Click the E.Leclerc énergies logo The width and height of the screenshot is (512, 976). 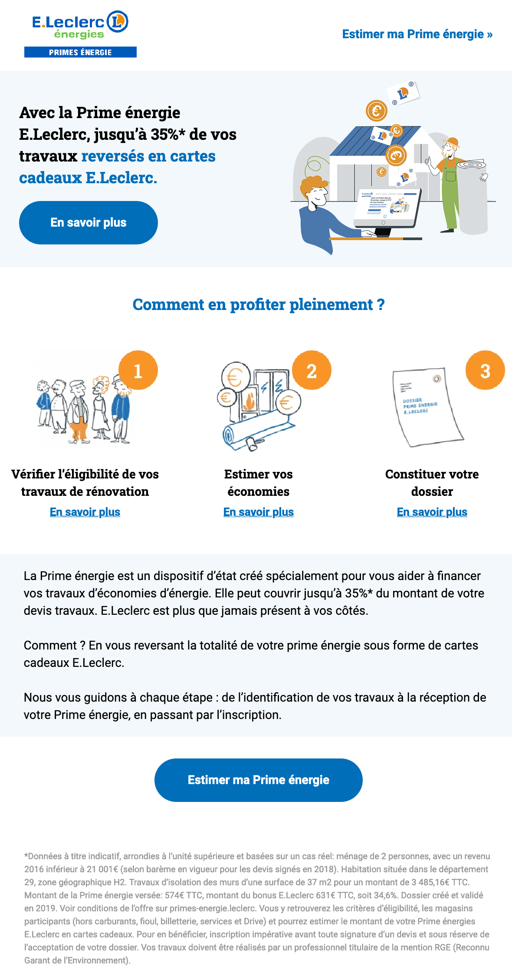pos(80,25)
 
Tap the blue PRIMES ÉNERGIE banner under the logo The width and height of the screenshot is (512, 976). pos(80,53)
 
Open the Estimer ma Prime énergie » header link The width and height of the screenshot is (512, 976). pos(417,34)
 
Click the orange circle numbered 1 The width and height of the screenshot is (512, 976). pos(138,370)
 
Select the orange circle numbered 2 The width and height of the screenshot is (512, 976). pos(312,370)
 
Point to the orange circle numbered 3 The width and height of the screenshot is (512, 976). pos(485,370)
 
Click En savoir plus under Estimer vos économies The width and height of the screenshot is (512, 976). pos(259,512)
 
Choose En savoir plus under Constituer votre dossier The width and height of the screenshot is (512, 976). pos(432,512)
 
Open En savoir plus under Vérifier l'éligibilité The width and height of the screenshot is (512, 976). pos(85,512)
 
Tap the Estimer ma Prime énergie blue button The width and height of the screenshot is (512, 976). pos(259,780)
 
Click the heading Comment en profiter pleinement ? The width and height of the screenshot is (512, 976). pos(259,304)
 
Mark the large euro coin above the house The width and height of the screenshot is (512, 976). pos(376,111)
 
